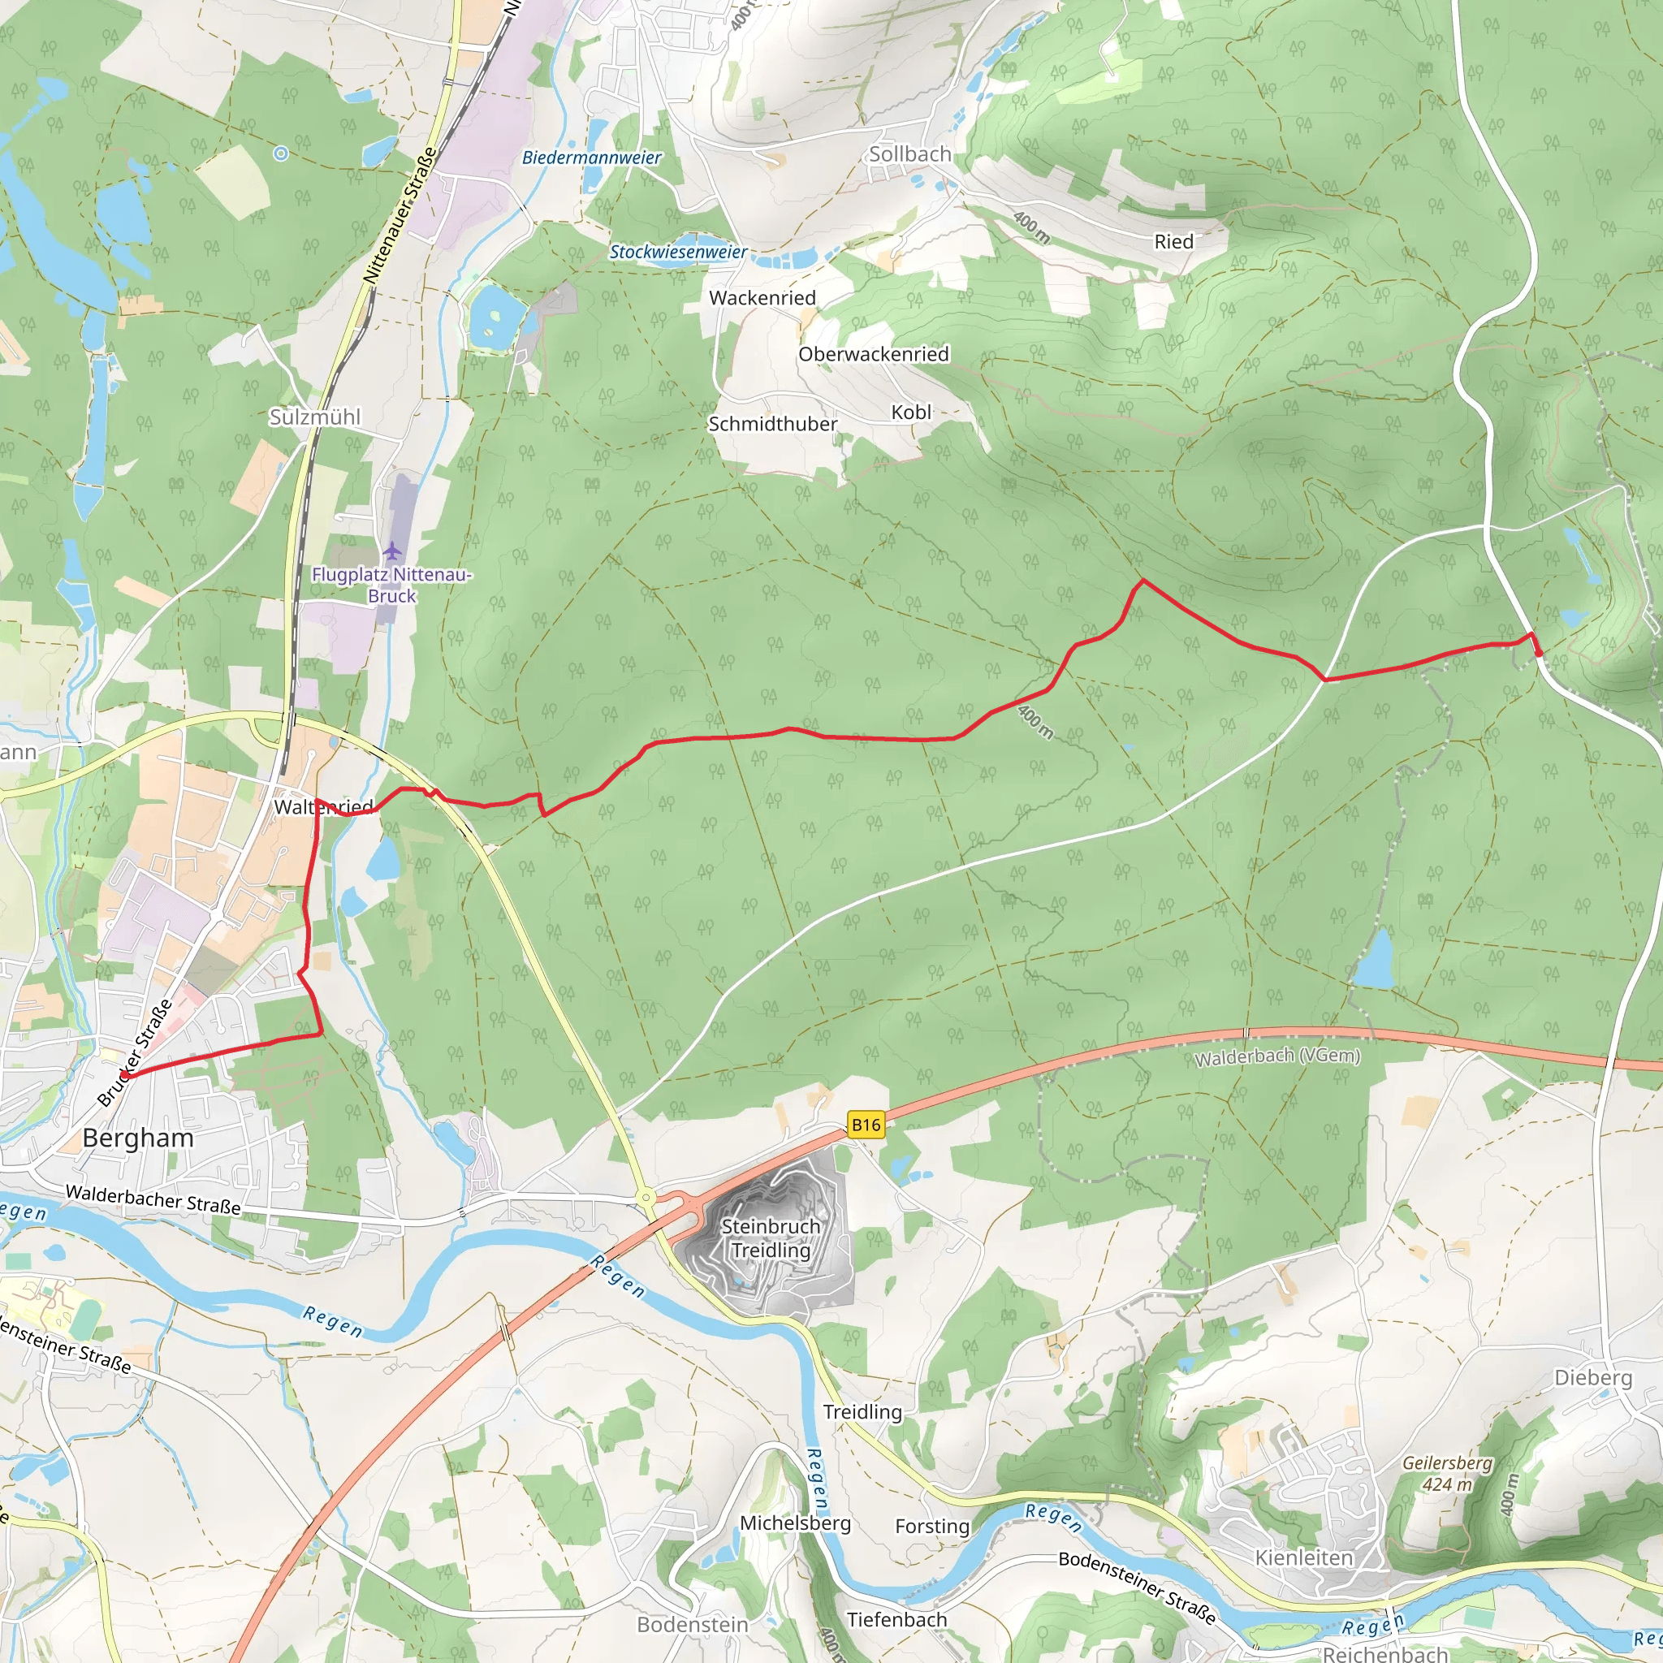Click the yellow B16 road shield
tap(866, 1124)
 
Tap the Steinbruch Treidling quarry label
tap(771, 1238)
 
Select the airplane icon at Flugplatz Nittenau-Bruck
tap(392, 550)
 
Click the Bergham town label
tap(138, 1138)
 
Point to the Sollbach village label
tap(909, 154)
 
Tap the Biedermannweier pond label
tap(591, 158)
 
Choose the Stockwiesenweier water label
tap(678, 253)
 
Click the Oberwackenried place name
tap(873, 355)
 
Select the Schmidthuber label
tap(772, 425)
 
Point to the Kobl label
tap(911, 413)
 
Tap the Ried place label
tap(1173, 242)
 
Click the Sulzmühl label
tap(315, 417)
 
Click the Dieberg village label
tap(1592, 1378)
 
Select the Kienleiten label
tap(1303, 1558)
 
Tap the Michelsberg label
tap(794, 1523)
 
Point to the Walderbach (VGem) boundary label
tap(1276, 1056)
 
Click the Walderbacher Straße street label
tap(153, 1199)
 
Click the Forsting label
tap(931, 1527)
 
